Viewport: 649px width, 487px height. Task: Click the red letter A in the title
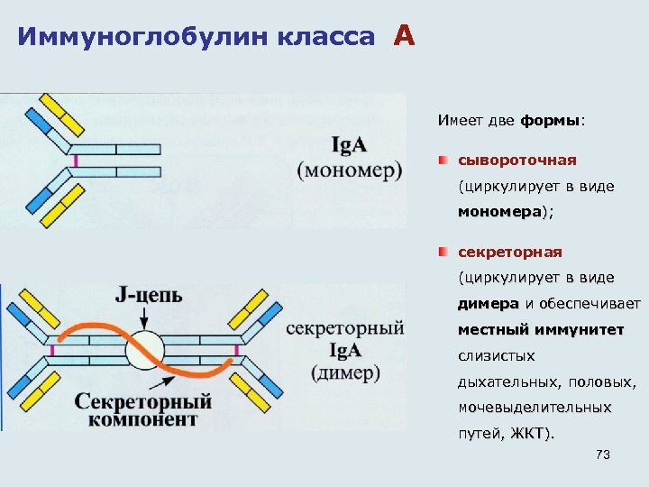click(x=404, y=36)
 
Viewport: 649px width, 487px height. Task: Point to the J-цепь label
click(x=149, y=295)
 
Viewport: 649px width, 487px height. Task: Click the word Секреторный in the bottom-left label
click(x=144, y=400)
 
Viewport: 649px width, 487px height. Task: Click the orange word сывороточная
click(x=516, y=160)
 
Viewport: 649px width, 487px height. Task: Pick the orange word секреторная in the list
click(x=511, y=252)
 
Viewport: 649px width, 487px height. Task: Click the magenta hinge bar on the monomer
click(x=77, y=159)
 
